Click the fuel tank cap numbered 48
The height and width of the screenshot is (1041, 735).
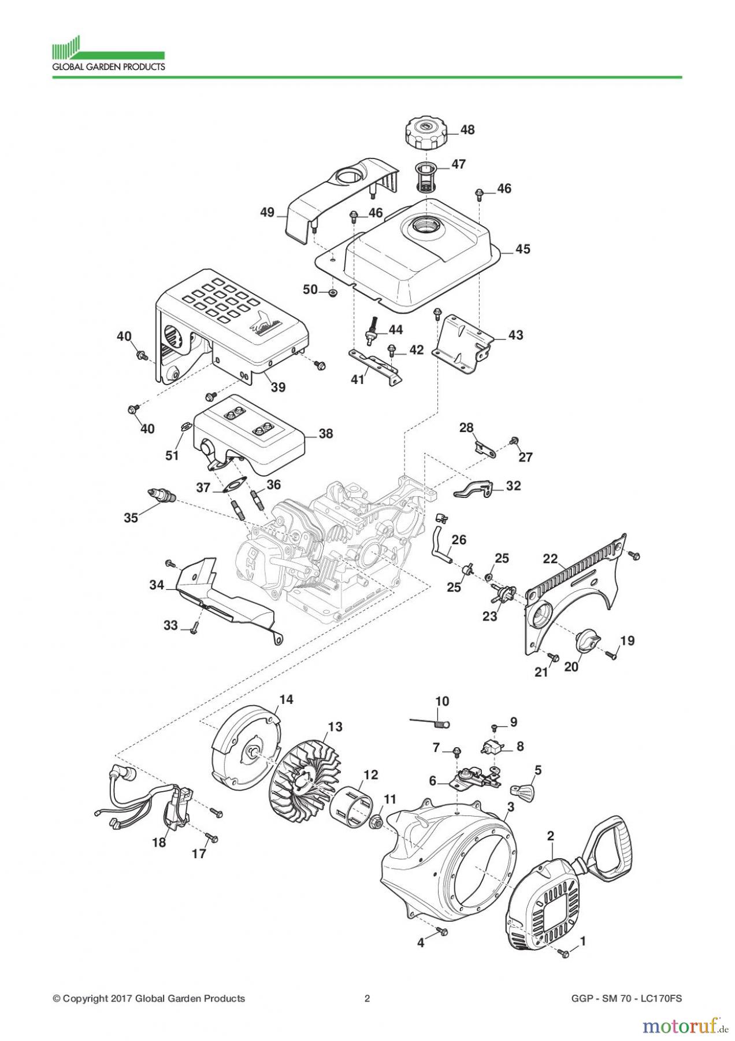point(425,132)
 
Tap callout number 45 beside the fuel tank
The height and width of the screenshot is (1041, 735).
point(522,249)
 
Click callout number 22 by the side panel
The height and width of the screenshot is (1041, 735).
point(550,559)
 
